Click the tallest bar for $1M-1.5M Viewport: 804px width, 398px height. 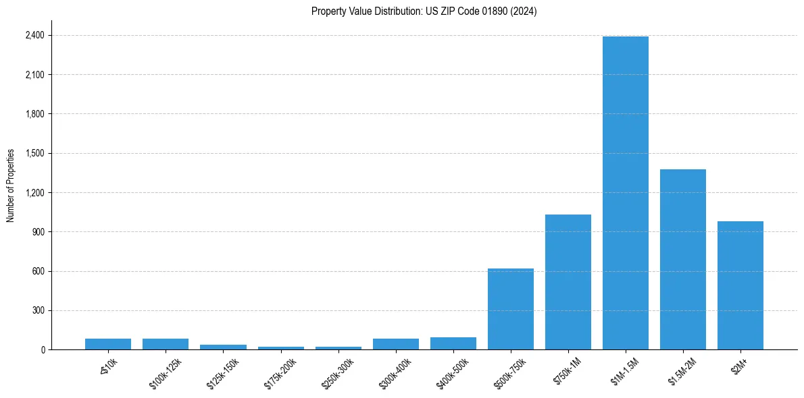tap(626, 193)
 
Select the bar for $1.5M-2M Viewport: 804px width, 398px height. tap(683, 260)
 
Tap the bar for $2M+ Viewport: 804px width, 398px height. tap(740, 285)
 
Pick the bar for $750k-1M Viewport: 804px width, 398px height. tap(568, 282)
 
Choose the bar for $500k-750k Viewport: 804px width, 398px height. tap(511, 309)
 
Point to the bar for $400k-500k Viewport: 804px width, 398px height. tap(453, 343)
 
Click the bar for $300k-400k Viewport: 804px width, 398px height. tap(396, 344)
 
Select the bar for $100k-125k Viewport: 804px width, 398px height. tap(166, 344)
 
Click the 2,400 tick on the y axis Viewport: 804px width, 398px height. tap(34, 35)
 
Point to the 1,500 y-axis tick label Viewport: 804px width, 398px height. tap(34, 153)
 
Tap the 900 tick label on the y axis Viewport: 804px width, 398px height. tap(38, 232)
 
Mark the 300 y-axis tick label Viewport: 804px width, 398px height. tap(38, 310)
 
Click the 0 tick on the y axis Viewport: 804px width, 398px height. tap(43, 350)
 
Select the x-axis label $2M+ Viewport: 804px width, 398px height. tap(738, 370)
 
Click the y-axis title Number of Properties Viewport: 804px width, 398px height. tap(11, 186)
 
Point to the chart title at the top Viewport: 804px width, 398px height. tap(424, 11)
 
